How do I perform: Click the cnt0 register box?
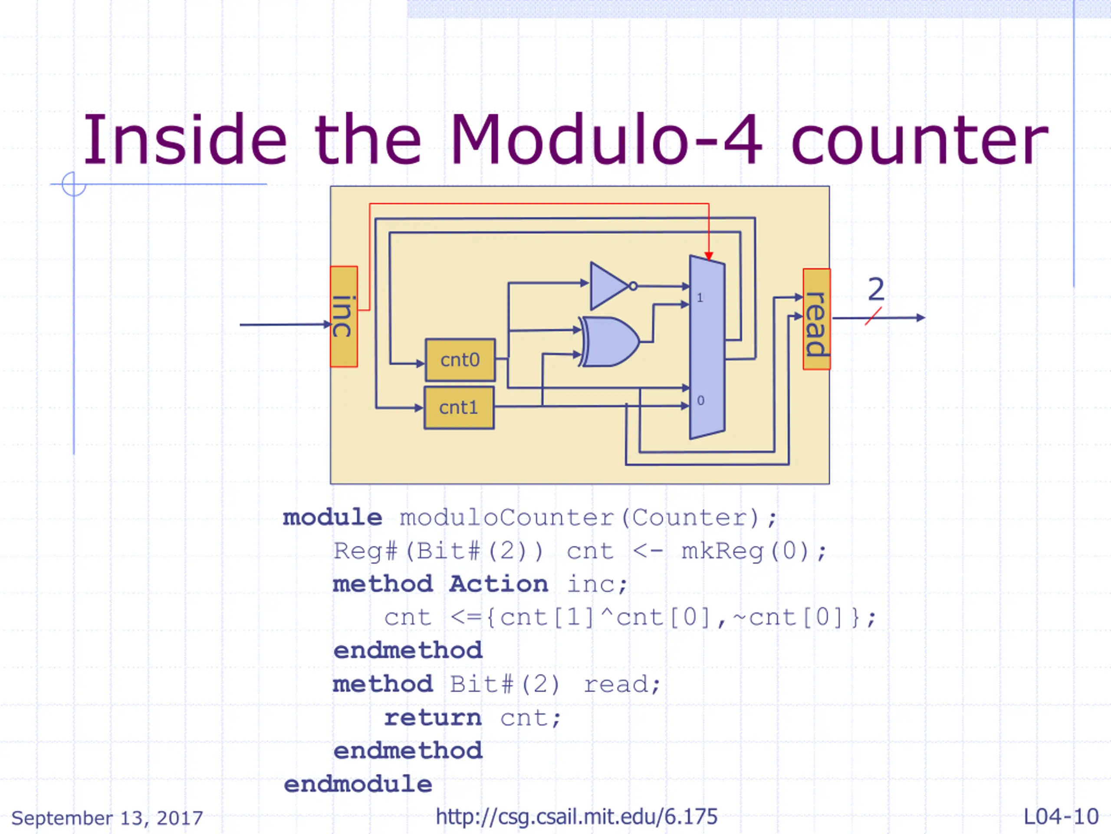[x=460, y=360]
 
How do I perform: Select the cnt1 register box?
[x=459, y=408]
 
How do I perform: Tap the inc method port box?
[x=344, y=317]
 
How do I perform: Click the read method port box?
[x=817, y=319]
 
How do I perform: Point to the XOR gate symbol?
[x=609, y=342]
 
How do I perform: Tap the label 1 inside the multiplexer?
[x=700, y=298]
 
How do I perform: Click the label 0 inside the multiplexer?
[x=700, y=400]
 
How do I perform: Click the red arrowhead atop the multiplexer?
[x=709, y=256]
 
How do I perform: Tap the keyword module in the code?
[x=332, y=517]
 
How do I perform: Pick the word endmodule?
[x=358, y=784]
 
